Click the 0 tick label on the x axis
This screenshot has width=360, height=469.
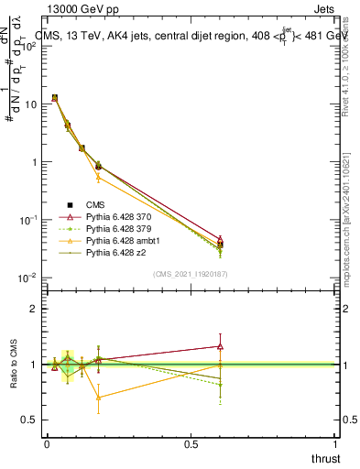pos(47,444)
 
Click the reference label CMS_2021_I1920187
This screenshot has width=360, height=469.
pos(191,274)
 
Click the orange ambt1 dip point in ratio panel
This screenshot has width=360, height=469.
pos(98,398)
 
